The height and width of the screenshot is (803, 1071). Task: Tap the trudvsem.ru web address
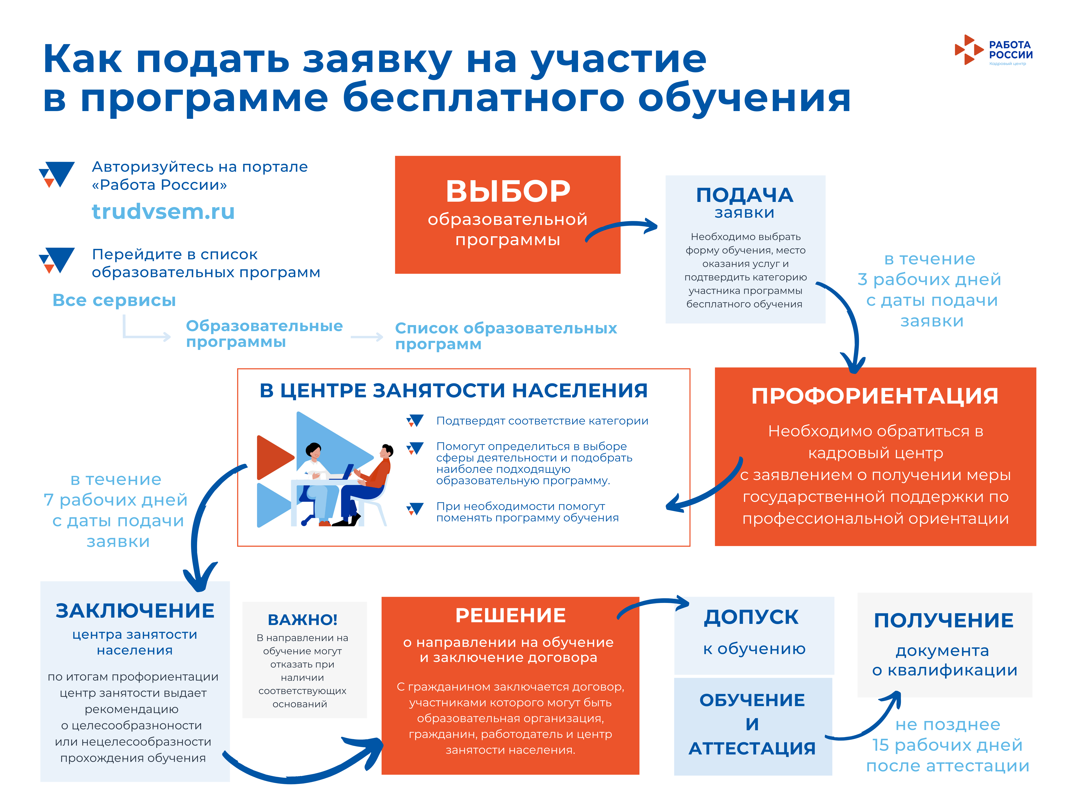(163, 211)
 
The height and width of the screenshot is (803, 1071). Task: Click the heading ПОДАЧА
(745, 195)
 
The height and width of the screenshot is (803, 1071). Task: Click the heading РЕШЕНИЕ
(510, 615)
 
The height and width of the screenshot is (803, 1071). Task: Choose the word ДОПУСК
(751, 617)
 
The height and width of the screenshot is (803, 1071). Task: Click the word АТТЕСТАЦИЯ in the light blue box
(752, 748)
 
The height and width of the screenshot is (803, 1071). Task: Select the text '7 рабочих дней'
(115, 500)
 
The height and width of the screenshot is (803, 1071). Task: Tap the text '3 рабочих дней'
(929, 279)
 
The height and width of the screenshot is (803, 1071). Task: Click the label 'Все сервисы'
(114, 300)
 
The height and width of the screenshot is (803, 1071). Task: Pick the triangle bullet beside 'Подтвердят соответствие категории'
(415, 420)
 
